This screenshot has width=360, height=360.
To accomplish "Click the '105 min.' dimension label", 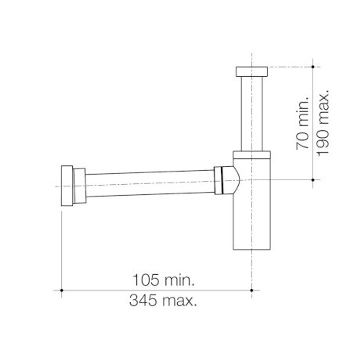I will click(x=163, y=280).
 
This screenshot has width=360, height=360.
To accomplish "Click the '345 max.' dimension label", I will click(x=163, y=301).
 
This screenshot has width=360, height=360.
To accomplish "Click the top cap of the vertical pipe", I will click(x=252, y=72).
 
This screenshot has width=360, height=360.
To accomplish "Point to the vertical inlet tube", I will click(x=252, y=113).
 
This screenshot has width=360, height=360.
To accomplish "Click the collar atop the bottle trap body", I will click(x=252, y=155).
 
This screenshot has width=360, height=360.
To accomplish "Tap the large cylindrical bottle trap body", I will click(x=252, y=213).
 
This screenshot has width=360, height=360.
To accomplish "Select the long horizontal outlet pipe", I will click(x=150, y=183).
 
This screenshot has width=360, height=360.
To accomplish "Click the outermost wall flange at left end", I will click(x=67, y=186).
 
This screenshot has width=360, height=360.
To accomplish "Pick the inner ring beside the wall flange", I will click(x=79, y=186).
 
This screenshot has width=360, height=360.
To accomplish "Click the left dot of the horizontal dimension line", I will click(x=62, y=290).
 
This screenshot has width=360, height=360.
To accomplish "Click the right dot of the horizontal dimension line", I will click(x=252, y=290).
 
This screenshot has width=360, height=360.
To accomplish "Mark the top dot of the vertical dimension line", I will click(x=313, y=67).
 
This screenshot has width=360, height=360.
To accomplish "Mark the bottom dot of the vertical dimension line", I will click(x=313, y=180).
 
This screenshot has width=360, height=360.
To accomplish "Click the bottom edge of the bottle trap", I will click(x=252, y=249).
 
